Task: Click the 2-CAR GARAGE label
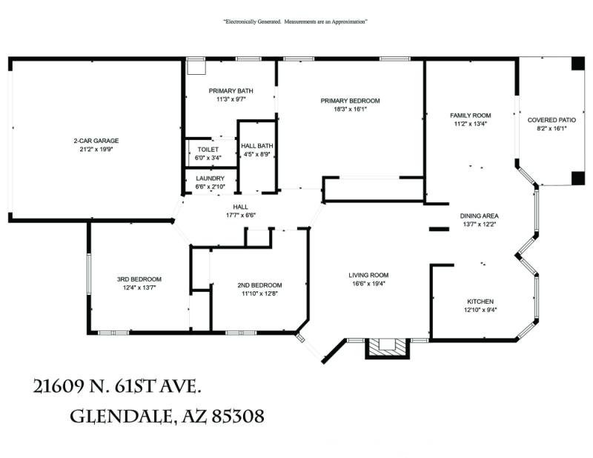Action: pyautogui.click(x=96, y=141)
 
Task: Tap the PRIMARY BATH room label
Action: pyautogui.click(x=231, y=90)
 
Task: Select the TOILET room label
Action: pyautogui.click(x=208, y=150)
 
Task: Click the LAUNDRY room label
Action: pyautogui.click(x=210, y=179)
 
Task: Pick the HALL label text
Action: pyautogui.click(x=240, y=207)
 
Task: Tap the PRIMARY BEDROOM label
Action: pyautogui.click(x=350, y=101)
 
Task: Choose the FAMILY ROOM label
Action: pyautogui.click(x=471, y=116)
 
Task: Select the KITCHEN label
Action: pyautogui.click(x=480, y=302)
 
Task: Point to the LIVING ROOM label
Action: pyautogui.click(x=368, y=275)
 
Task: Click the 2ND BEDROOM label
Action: pyautogui.click(x=259, y=285)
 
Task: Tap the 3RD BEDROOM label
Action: pyautogui.click(x=139, y=279)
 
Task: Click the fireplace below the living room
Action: pyautogui.click(x=388, y=347)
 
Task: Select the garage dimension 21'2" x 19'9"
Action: pyautogui.click(x=96, y=149)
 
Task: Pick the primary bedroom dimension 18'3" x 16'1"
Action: pyautogui.click(x=350, y=109)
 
